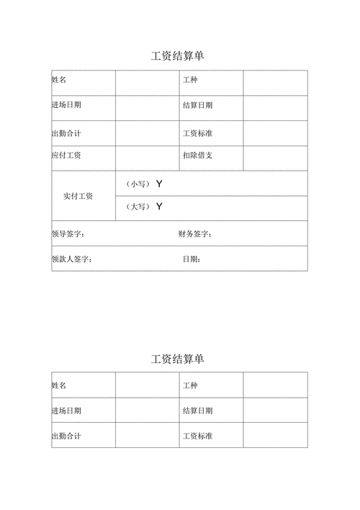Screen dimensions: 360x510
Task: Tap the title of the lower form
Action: [x=178, y=359]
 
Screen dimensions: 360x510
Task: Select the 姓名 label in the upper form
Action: [x=59, y=80]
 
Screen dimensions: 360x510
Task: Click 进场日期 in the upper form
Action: [x=66, y=105]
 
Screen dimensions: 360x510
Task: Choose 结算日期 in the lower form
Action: [x=197, y=411]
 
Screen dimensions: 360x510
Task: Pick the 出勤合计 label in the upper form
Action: [x=66, y=133]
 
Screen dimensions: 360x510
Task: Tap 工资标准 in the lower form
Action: [x=197, y=436]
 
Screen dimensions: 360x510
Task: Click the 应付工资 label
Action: [x=66, y=156]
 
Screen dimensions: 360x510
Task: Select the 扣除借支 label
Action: [x=197, y=156]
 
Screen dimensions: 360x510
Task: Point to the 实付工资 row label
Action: [x=78, y=196]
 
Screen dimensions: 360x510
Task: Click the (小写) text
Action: [x=137, y=184]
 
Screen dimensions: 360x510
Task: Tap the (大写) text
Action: [x=137, y=207]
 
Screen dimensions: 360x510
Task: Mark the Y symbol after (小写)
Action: [x=159, y=184]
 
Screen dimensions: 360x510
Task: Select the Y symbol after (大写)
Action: [x=159, y=207]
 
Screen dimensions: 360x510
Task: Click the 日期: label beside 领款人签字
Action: [x=192, y=259]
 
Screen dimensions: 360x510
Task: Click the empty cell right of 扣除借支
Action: [x=275, y=156]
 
